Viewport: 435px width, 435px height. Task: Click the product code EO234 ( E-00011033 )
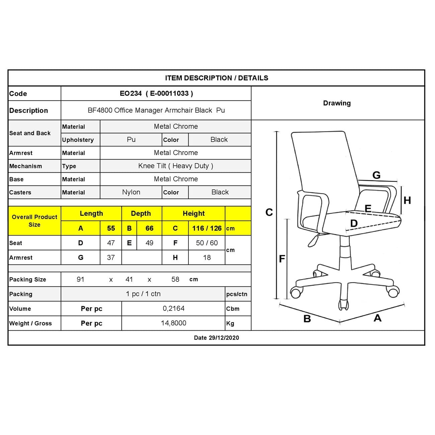point(156,94)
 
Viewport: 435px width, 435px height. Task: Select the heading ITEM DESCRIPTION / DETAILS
point(216,78)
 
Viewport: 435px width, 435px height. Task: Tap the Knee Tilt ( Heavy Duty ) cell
point(176,166)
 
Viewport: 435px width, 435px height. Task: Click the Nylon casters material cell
point(131,192)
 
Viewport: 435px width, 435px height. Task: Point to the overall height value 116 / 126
point(207,228)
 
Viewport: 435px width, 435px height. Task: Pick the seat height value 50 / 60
point(207,243)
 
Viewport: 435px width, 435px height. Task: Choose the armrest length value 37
point(111,258)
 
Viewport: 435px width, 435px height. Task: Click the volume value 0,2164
point(174,309)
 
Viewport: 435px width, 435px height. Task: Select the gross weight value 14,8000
point(174,323)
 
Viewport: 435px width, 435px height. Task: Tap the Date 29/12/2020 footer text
point(216,338)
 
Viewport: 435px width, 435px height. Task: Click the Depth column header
point(141,213)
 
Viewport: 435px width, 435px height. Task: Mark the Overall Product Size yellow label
point(34,221)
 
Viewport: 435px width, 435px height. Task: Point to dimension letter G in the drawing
point(376,175)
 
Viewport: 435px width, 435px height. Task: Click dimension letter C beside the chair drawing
point(269,212)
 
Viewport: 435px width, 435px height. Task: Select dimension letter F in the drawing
point(282,259)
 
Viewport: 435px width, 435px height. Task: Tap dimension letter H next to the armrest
point(407,200)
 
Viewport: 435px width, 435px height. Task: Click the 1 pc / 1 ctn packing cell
point(143,294)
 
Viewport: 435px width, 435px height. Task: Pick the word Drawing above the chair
point(337,103)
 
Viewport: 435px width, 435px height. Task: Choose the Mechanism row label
point(26,166)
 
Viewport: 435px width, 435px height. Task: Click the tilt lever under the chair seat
point(313,240)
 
